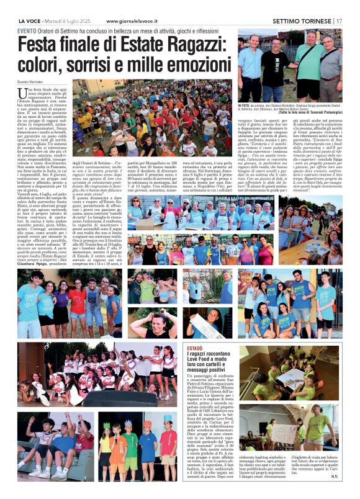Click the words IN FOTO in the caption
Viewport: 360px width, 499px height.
[246, 106]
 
